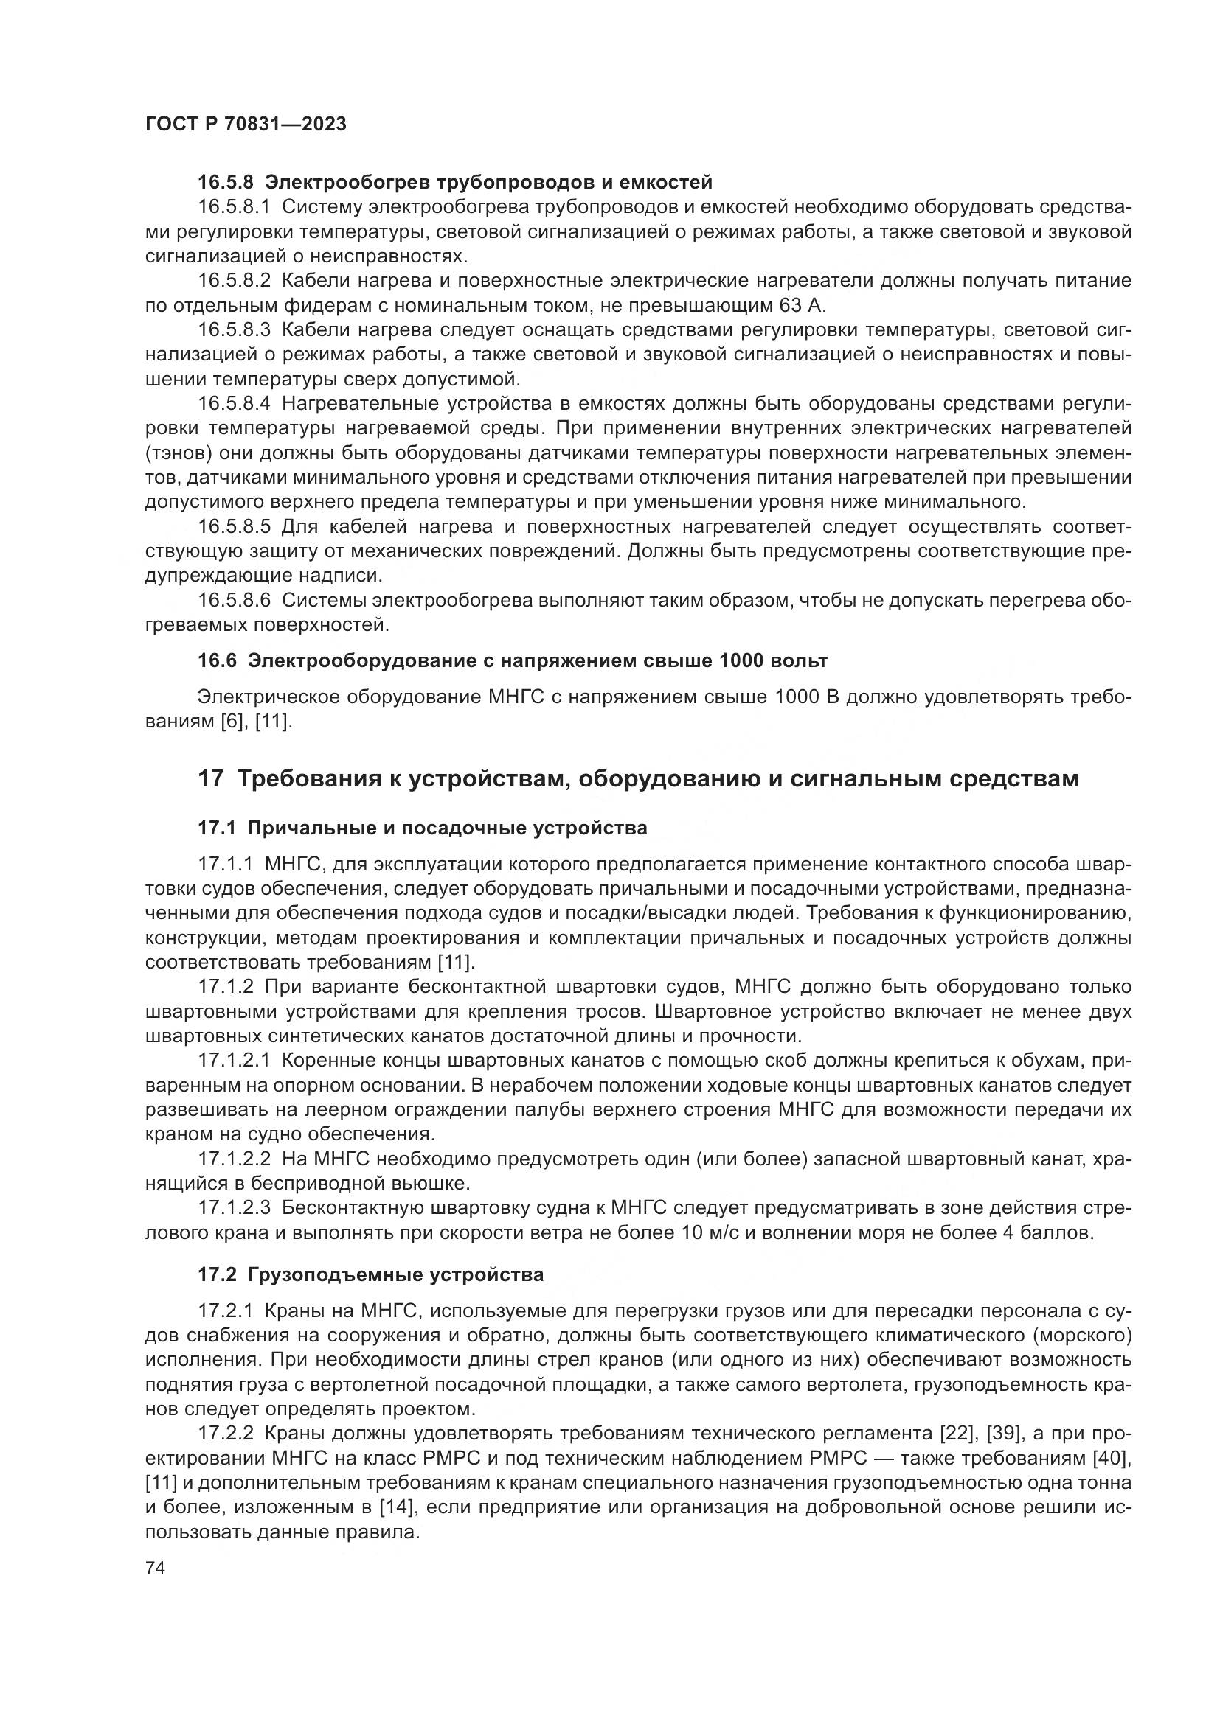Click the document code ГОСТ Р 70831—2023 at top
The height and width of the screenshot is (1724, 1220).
pyautogui.click(x=246, y=125)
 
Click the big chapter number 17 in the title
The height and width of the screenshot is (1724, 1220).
pyautogui.click(x=211, y=778)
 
